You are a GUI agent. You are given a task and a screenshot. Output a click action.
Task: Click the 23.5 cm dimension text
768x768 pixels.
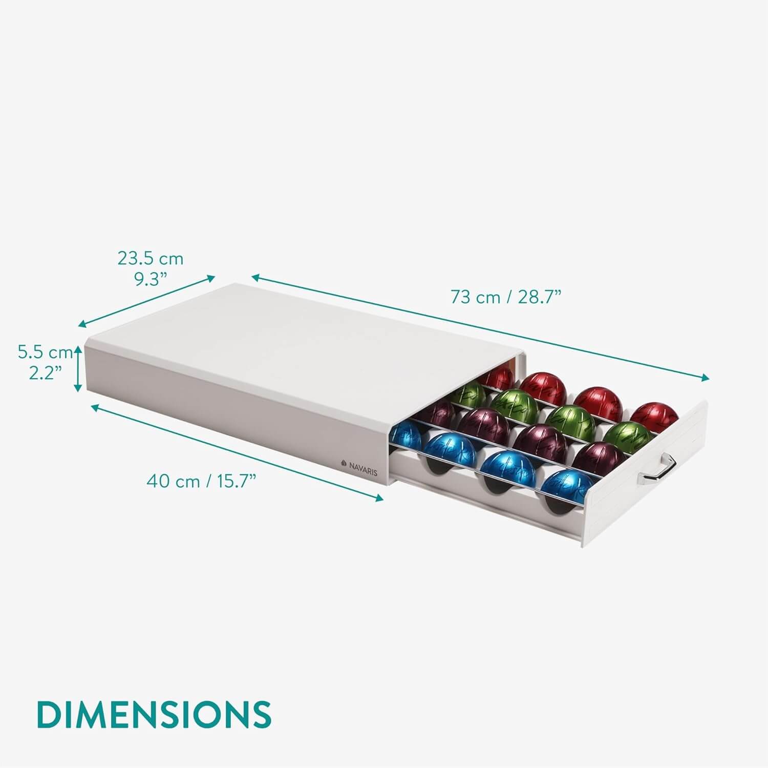150,259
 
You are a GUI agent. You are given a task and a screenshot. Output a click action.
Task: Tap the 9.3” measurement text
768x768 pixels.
151,280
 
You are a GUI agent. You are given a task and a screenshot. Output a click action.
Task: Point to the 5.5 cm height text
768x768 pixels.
45,352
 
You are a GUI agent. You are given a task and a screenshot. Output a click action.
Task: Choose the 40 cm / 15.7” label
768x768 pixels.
201,481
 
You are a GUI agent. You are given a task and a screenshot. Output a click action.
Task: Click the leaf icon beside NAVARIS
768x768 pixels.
344,463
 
